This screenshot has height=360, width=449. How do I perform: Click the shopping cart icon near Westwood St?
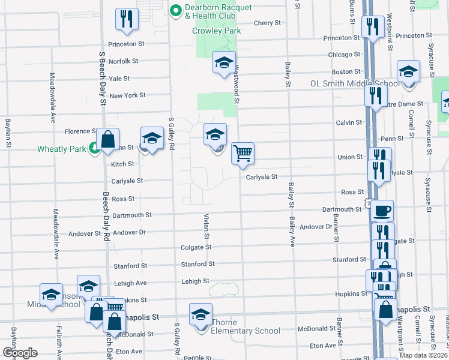(x=243, y=153)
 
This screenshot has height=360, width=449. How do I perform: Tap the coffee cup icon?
(x=382, y=211)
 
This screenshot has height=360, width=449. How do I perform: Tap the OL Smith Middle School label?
(x=355, y=83)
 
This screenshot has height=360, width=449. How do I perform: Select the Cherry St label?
(x=267, y=23)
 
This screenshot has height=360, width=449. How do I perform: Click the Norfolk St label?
(x=123, y=61)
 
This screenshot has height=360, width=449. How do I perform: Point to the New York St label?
(x=127, y=95)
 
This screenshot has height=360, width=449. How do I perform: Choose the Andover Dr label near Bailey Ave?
(x=316, y=227)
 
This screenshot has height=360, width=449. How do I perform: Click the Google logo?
(x=20, y=353)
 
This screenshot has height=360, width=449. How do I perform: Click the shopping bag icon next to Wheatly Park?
(x=107, y=140)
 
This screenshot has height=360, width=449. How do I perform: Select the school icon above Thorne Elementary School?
(x=200, y=314)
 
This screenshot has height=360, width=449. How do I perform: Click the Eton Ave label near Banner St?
(x=323, y=346)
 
